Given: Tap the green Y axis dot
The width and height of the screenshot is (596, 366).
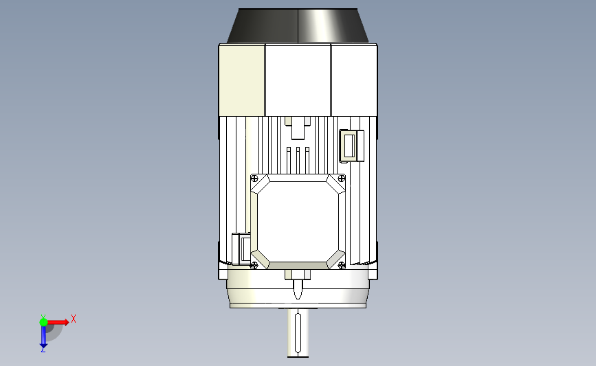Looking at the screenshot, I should click(x=43, y=321).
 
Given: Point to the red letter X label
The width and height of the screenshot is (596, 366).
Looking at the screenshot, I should click(x=73, y=319).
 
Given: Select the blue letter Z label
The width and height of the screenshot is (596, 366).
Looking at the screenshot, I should click(x=43, y=350).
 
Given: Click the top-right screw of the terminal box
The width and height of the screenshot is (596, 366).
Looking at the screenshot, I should click(x=341, y=179).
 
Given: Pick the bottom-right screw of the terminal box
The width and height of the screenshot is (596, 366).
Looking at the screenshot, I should click(x=341, y=265).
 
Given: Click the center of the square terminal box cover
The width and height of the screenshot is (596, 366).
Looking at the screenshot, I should click(x=298, y=222).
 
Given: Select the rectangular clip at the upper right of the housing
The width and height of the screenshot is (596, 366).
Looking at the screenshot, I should click(x=350, y=146).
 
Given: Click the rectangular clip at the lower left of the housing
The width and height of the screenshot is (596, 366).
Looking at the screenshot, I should click(x=241, y=249).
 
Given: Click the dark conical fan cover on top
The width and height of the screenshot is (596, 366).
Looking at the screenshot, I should click(x=298, y=26).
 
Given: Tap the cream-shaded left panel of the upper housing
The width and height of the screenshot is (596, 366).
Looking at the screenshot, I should click(x=241, y=80).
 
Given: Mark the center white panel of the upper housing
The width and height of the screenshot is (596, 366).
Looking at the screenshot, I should click(x=298, y=80).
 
